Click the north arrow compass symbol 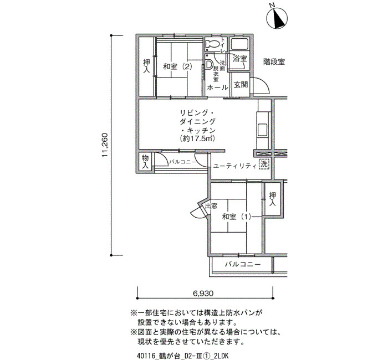click(277, 18)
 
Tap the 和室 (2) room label click(177, 66)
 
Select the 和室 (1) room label click(237, 217)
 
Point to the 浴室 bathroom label click(240, 59)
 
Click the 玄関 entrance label click(241, 85)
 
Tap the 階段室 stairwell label click(274, 61)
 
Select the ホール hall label click(217, 88)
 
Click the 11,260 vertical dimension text click(104, 145)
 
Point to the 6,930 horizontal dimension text click(203, 293)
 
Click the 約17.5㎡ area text click(197, 138)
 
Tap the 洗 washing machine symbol click(264, 164)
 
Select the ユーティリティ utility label click(234, 166)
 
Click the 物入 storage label click(145, 162)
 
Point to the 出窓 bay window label click(211, 206)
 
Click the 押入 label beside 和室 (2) click(147, 66)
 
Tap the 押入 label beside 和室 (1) click(273, 199)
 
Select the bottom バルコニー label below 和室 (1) click(243, 264)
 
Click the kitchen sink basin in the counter click(262, 129)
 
